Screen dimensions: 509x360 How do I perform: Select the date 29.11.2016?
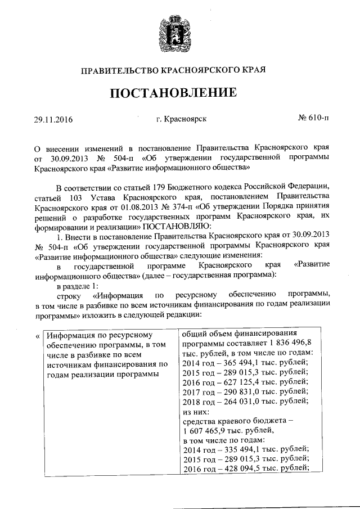(53, 119)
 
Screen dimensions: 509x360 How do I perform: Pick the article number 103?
(67, 197)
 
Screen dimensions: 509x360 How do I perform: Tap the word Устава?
(98, 197)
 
